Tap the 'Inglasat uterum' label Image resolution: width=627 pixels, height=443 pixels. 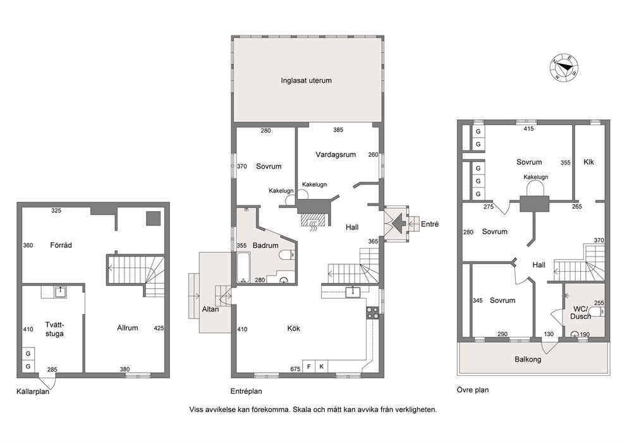pos(306,80)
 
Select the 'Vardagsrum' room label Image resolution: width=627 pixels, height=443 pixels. pos(336,155)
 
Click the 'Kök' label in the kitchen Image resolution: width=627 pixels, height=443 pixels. pos(293,328)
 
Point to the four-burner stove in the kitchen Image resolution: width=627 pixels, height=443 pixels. pos(373,313)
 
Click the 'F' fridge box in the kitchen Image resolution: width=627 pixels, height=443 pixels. pos(308,367)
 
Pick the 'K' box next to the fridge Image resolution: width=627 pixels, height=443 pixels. pos(322,367)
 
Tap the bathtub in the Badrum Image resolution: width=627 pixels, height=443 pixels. pos(243,267)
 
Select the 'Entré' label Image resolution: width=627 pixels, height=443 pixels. pos(430,224)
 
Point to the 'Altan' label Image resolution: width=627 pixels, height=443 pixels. pos(210,309)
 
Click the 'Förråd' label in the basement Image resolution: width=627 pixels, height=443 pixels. pos(61,245)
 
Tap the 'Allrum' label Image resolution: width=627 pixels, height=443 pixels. pos(128,328)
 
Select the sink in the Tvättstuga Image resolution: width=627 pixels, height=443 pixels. pos(61,292)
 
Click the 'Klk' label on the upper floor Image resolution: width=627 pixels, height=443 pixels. pos(588,162)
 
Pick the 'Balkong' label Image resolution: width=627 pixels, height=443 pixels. pos(528,359)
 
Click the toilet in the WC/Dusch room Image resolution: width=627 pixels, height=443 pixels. pos(598,312)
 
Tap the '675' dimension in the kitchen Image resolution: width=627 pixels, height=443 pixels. pos(295,369)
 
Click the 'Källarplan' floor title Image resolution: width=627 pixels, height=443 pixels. pos(33,391)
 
